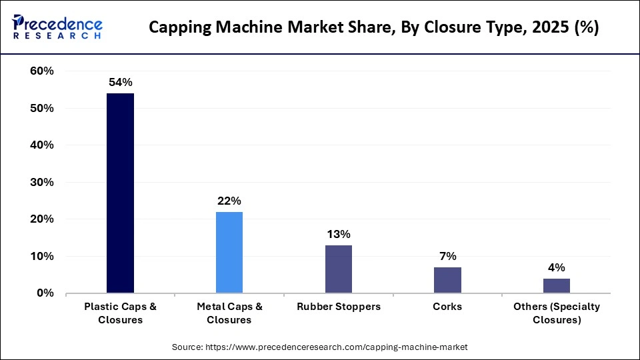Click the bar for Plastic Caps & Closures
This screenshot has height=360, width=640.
(121, 193)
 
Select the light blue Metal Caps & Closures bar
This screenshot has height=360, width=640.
(229, 252)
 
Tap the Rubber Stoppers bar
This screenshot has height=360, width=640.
(339, 269)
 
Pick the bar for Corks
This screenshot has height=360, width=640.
(447, 280)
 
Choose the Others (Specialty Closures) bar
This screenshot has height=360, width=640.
(556, 285)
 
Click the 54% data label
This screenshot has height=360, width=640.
(121, 83)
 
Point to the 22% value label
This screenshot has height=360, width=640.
(229, 201)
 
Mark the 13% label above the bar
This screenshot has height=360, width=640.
(339, 234)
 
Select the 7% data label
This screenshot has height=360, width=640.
(447, 256)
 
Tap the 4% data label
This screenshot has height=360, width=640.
(556, 267)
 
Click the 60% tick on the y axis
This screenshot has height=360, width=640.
(41, 71)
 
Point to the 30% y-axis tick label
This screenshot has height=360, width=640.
(41, 182)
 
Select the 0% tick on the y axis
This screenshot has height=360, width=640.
(45, 293)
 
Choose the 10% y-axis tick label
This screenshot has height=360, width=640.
(41, 256)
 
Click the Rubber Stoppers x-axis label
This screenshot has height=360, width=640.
(339, 307)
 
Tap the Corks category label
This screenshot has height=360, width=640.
(447, 307)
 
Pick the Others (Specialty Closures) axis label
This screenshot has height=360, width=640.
(556, 313)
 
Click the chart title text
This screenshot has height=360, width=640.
(373, 27)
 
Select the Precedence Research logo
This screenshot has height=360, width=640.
(57, 27)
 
